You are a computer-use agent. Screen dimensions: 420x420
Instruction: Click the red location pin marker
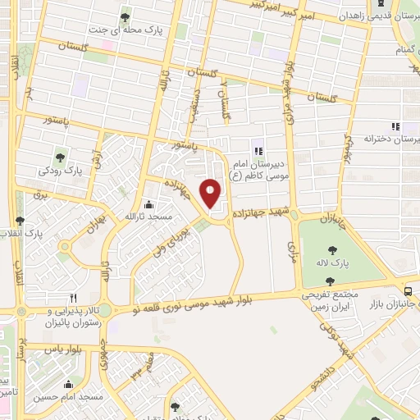tap(212, 193)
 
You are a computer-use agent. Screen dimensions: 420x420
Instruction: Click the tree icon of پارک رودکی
tap(61, 156)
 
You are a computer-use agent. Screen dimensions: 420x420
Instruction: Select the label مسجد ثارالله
tap(148, 217)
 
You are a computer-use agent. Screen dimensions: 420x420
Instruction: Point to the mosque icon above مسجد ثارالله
tap(148, 204)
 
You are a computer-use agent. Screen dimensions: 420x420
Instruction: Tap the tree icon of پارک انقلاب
tap(20, 221)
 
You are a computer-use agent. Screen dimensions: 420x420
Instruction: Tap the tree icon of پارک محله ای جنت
tap(126, 15)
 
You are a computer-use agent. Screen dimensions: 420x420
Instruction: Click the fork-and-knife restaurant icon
tap(74, 298)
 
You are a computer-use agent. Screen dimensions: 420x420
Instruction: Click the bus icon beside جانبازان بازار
tap(409, 290)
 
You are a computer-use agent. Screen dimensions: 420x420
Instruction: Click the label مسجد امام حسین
tap(68, 396)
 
